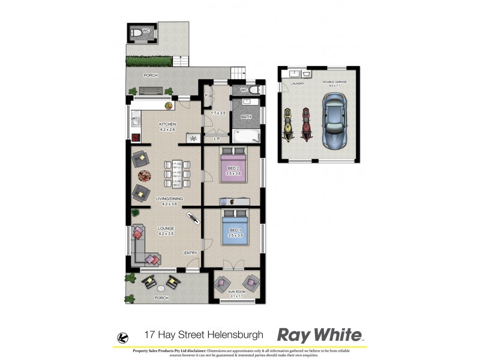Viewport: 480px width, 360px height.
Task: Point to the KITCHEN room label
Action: (x=150, y=124)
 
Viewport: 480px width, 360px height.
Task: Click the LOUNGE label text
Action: (x=166, y=229)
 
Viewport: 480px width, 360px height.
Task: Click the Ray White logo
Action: (x=319, y=335)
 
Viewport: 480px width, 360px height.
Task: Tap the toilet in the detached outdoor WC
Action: (x=137, y=32)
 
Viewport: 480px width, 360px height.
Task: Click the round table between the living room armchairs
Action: (x=145, y=176)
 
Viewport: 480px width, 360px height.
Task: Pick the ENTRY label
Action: (x=190, y=253)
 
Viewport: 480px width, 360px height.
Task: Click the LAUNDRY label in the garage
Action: (x=298, y=84)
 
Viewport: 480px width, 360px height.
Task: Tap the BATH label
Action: (x=246, y=117)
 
